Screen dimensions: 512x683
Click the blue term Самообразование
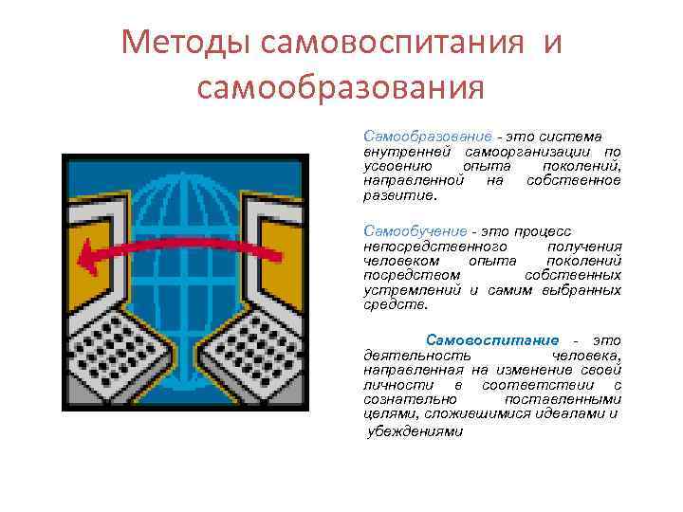click(x=428, y=137)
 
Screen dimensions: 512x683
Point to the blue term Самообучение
click(x=415, y=230)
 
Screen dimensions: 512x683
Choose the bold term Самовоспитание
click(x=492, y=339)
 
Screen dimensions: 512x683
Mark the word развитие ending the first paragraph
click(x=397, y=196)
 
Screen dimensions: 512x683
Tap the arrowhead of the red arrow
click(x=88, y=254)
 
